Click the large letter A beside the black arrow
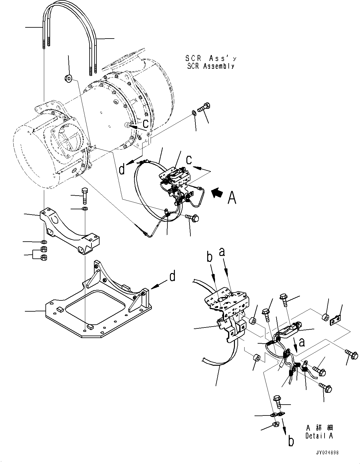(232, 197)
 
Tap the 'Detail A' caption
(319, 436)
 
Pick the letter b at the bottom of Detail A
(291, 442)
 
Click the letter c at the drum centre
(146, 124)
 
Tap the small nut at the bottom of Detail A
(275, 425)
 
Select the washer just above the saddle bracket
(84, 208)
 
